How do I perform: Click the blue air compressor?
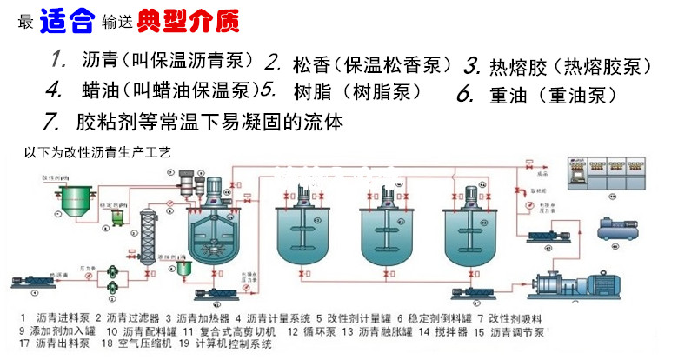(622, 230)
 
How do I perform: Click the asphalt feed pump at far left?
(26, 281)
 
